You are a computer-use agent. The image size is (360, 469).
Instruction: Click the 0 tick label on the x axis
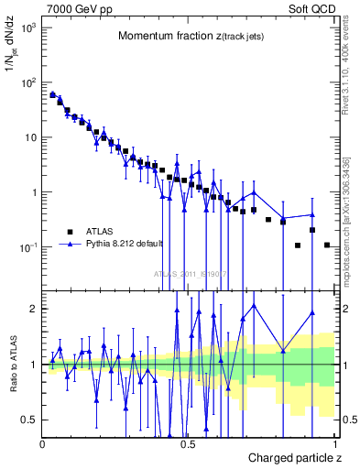point(43,444)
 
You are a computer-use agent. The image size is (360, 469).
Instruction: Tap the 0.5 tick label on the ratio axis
point(30,420)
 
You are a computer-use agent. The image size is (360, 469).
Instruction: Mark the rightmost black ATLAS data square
point(327,245)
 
